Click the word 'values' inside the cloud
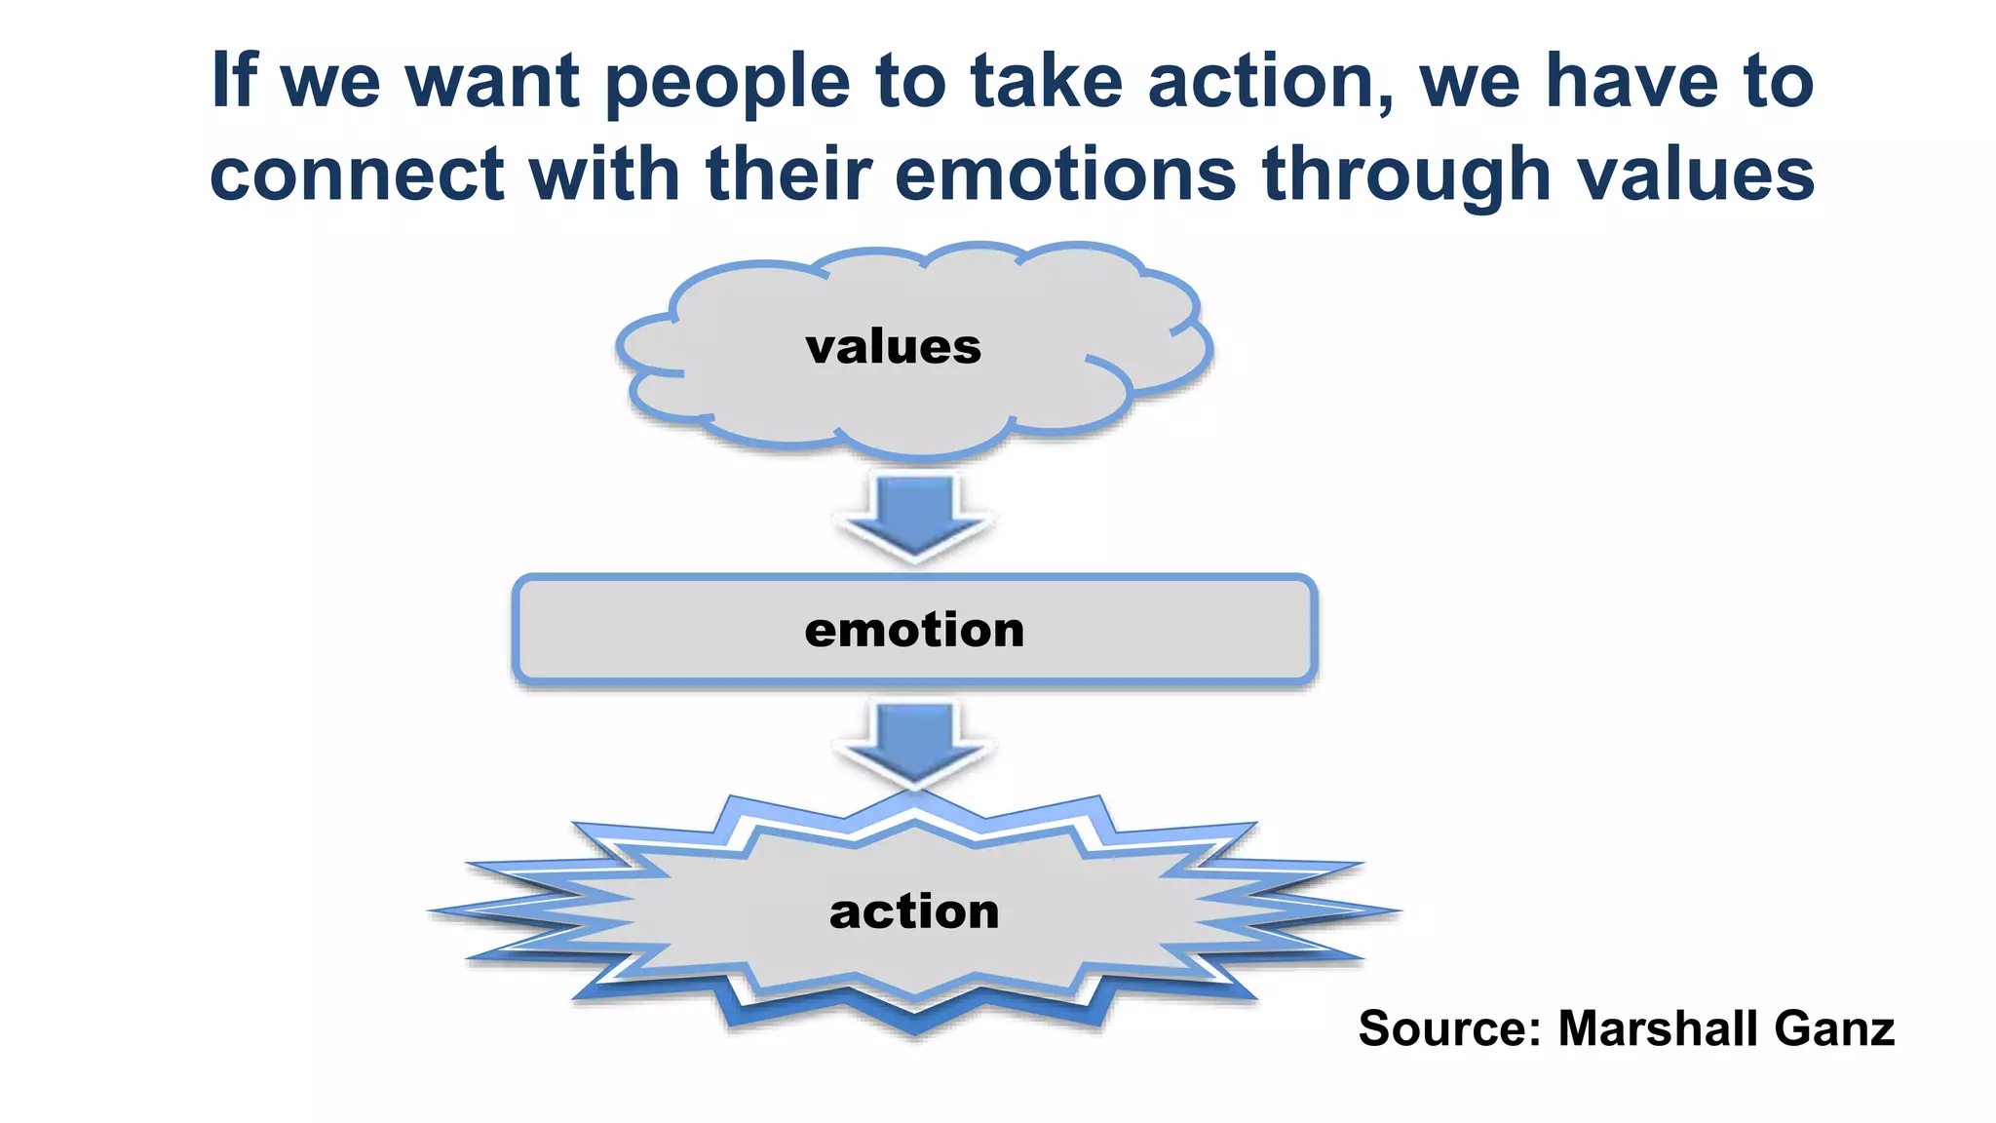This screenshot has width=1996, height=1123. (893, 347)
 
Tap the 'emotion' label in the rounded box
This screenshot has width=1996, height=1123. (914, 630)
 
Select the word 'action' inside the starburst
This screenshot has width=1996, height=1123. (914, 911)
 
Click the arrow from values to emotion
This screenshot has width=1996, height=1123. (914, 515)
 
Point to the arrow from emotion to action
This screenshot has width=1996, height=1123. (914, 743)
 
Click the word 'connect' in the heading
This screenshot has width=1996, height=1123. (357, 175)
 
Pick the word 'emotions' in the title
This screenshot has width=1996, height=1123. (1065, 175)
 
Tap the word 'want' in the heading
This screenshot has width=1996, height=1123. (493, 82)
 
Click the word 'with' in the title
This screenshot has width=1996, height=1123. (603, 175)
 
